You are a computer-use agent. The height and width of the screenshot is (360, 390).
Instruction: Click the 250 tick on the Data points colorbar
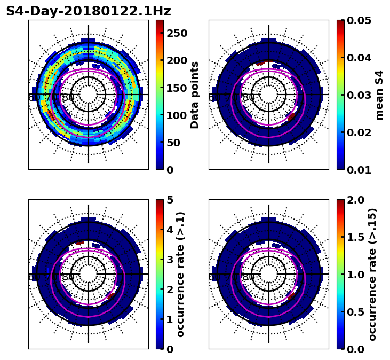click(x=177, y=33)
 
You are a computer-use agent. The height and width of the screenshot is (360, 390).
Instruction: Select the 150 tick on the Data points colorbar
click(x=177, y=88)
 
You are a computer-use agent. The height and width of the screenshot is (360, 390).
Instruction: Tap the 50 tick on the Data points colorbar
click(x=177, y=143)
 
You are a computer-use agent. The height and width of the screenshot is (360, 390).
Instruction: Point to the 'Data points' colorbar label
click(x=195, y=95)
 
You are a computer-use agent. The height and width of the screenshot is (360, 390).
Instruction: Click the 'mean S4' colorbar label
click(x=379, y=95)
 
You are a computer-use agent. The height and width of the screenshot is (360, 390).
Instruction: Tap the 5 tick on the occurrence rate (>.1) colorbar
click(x=170, y=200)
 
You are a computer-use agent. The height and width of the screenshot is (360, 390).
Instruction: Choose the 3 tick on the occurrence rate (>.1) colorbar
click(x=170, y=260)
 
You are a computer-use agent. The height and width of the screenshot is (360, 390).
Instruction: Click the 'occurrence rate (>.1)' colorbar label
click(x=180, y=274)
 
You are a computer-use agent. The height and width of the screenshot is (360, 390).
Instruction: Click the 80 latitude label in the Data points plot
click(x=68, y=98)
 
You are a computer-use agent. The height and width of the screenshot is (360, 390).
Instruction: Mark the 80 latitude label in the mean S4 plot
click(x=249, y=98)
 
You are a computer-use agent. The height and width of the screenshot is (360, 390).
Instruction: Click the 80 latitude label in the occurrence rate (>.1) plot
click(x=68, y=277)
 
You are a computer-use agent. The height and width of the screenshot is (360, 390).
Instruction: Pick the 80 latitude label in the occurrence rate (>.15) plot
click(x=249, y=277)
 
